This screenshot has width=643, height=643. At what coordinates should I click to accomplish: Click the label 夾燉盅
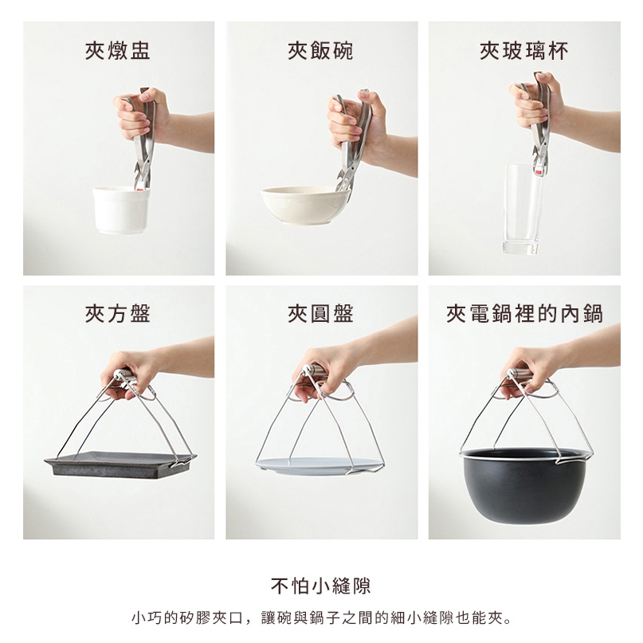pos(118,51)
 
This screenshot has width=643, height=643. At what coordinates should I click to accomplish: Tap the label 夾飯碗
pos(320,51)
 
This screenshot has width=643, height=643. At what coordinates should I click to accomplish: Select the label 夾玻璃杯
pos(524,51)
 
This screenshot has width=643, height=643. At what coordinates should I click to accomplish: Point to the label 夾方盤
pos(118,314)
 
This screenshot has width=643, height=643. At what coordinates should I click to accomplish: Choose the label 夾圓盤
pos(320,314)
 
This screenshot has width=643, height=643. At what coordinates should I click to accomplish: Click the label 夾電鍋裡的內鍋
pos(524,314)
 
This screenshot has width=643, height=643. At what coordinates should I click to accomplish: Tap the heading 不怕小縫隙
pos(320,586)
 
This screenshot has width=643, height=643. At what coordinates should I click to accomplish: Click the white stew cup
pos(121,210)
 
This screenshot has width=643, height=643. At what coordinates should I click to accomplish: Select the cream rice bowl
pos(305,205)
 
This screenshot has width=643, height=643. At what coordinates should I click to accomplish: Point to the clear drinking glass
pos(522,208)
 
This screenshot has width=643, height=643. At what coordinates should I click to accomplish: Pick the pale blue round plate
pos(319,466)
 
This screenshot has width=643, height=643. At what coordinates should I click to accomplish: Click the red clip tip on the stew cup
pos(140,189)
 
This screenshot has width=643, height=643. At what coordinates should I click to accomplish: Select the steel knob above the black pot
pos(518,374)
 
